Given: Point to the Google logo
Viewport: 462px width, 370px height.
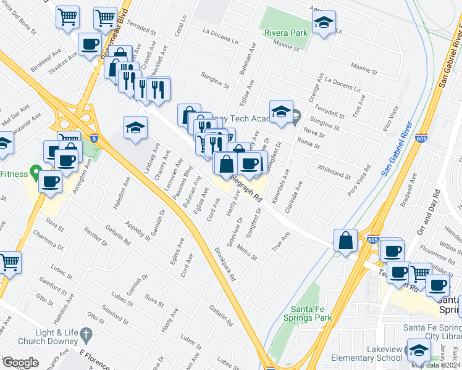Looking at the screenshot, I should tap(20, 363).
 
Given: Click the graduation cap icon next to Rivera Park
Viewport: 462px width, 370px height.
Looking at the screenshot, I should tap(324, 23).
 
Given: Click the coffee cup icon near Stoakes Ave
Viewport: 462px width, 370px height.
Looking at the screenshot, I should tap(90, 45).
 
